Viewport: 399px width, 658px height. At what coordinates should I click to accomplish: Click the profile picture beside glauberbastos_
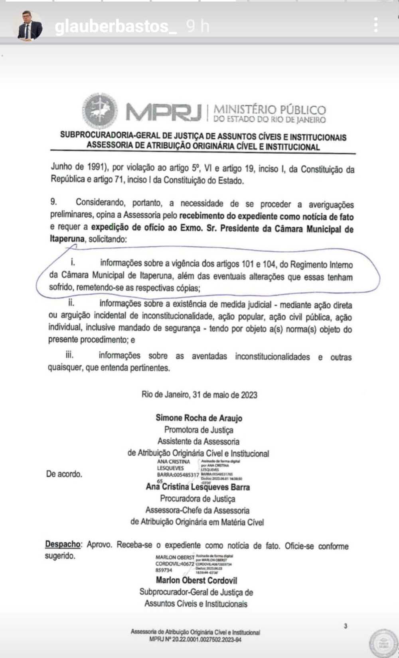(29, 26)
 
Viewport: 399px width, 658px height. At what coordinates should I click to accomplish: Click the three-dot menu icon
(375, 25)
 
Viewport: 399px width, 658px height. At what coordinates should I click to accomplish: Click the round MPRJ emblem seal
(100, 111)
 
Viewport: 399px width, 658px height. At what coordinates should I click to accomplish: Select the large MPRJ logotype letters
(164, 112)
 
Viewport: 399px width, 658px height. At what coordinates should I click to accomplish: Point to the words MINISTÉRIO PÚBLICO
(270, 109)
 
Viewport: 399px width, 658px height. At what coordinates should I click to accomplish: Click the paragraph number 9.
(53, 202)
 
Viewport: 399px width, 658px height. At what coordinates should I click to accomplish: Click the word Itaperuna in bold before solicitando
(67, 239)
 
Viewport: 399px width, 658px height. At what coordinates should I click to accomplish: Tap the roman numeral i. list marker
(73, 262)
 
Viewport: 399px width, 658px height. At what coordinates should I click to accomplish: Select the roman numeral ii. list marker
(71, 302)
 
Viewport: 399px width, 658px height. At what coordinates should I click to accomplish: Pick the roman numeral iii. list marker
(69, 354)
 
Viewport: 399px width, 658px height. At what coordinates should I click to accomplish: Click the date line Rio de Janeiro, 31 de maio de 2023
(199, 395)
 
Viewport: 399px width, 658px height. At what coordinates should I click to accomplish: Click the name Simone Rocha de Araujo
(199, 418)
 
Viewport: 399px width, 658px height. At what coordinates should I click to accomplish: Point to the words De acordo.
(64, 474)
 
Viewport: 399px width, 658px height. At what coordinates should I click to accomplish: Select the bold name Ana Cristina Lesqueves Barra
(198, 487)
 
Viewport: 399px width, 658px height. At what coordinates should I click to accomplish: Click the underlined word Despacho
(63, 544)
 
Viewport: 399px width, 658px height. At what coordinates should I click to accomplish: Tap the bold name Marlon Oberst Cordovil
(196, 580)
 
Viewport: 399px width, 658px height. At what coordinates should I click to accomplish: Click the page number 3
(345, 626)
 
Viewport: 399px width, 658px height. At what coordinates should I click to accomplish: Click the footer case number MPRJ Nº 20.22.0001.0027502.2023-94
(195, 639)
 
